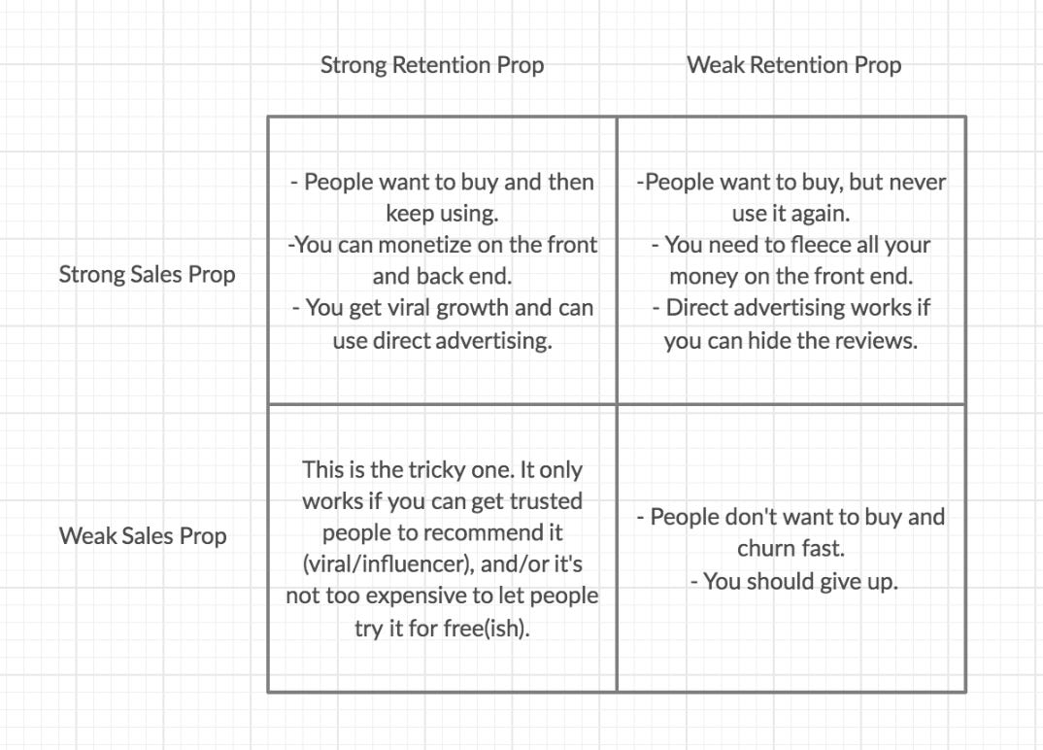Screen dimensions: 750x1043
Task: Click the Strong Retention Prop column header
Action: click(432, 65)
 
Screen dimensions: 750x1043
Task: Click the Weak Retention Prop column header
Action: click(793, 65)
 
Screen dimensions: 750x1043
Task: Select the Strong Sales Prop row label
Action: click(147, 275)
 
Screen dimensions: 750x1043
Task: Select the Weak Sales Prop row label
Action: click(143, 535)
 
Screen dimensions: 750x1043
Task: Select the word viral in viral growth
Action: click(414, 308)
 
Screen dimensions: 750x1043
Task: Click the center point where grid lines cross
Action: click(617, 404)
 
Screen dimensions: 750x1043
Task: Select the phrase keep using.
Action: click(442, 214)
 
